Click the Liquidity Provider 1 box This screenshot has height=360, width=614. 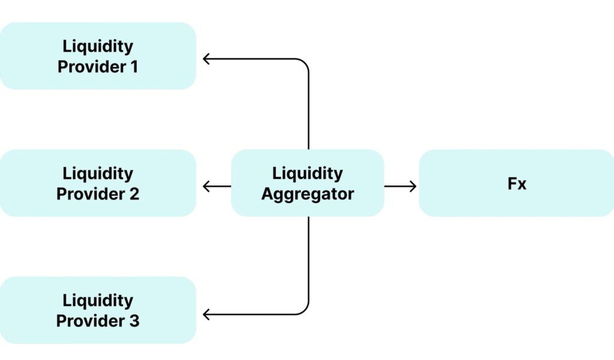[x=98, y=56]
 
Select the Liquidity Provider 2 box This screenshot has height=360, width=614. [x=98, y=183]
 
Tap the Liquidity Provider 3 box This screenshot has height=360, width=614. [x=98, y=310]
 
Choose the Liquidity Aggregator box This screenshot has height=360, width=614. [x=307, y=183]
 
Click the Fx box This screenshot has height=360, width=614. [x=516, y=183]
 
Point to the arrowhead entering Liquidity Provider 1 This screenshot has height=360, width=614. [x=206, y=59]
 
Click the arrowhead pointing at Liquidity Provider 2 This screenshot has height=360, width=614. [x=206, y=187]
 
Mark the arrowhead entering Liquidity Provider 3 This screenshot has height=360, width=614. [x=206, y=314]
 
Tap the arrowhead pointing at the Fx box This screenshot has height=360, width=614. [x=413, y=187]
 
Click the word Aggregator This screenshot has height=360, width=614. [x=307, y=194]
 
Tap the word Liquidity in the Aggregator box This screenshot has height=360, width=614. [x=307, y=173]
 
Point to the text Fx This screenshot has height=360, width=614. [x=516, y=184]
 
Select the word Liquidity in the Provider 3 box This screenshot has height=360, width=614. [x=98, y=300]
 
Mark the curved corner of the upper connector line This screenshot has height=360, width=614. [x=305, y=63]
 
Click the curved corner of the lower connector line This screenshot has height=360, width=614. [x=305, y=310]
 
